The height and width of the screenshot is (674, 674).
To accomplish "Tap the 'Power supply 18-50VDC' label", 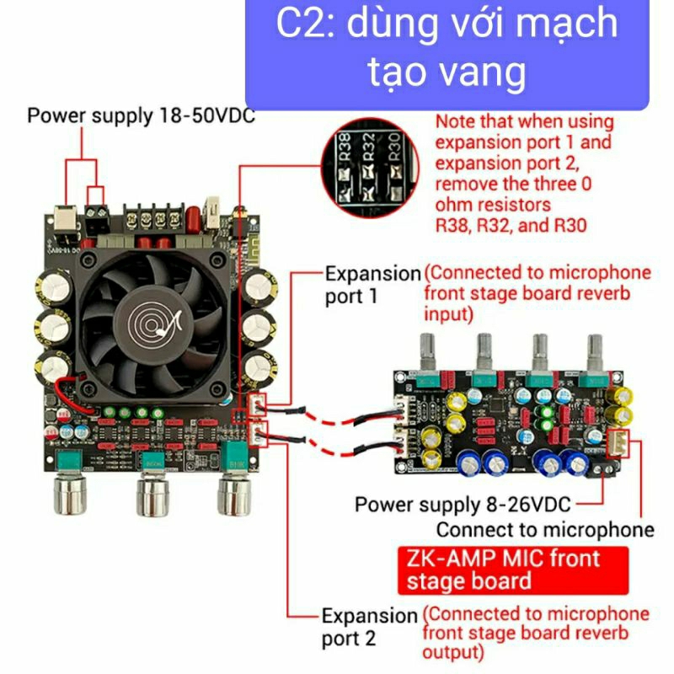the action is click(141, 115).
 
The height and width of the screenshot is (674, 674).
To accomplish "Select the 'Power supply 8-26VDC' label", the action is click(463, 505).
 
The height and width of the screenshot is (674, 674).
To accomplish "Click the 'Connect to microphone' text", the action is click(545, 529).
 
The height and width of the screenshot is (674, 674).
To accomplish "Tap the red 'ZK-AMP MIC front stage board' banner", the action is click(512, 569).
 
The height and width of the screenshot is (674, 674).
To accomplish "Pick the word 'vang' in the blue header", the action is click(484, 73).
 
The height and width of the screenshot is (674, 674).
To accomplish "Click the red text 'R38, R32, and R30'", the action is click(511, 225).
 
